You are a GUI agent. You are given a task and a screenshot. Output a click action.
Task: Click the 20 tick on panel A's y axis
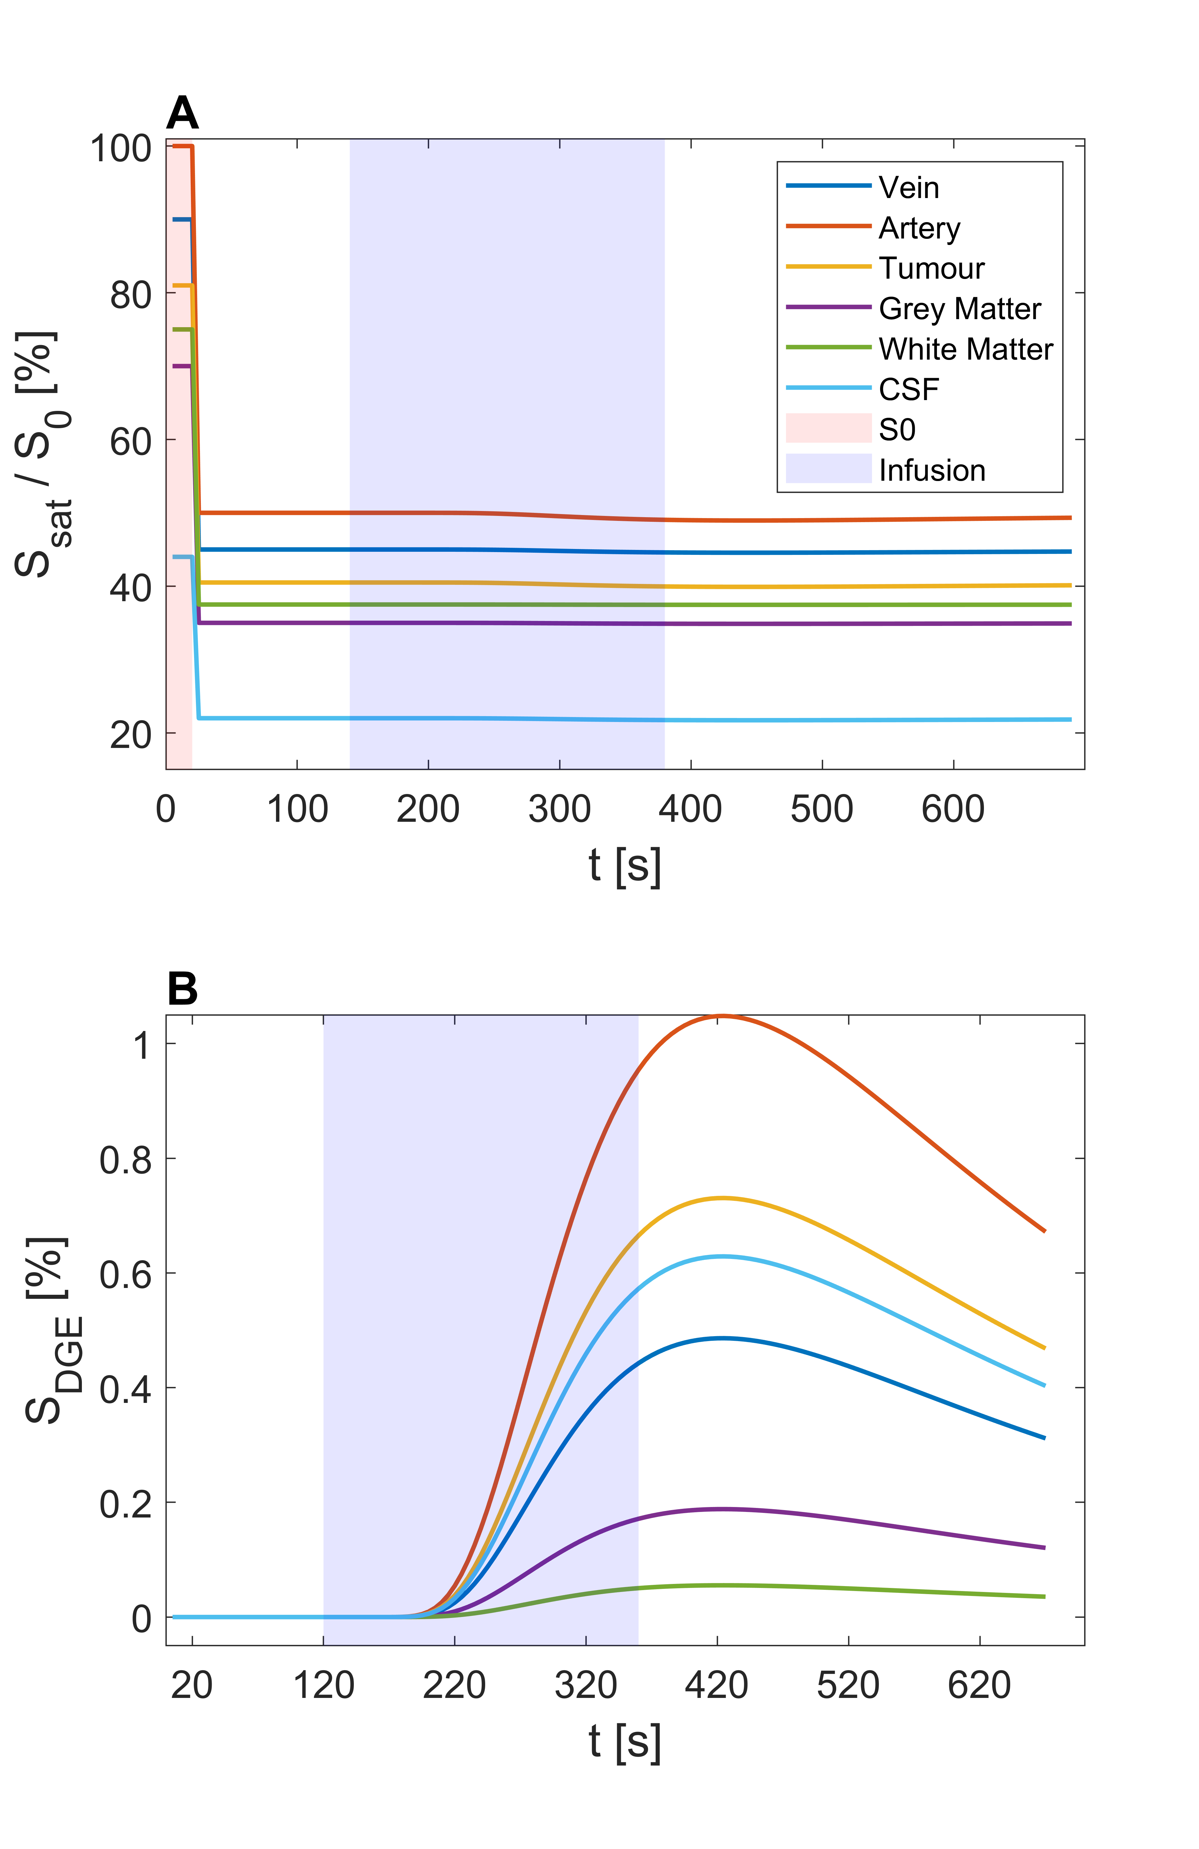tap(130, 733)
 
